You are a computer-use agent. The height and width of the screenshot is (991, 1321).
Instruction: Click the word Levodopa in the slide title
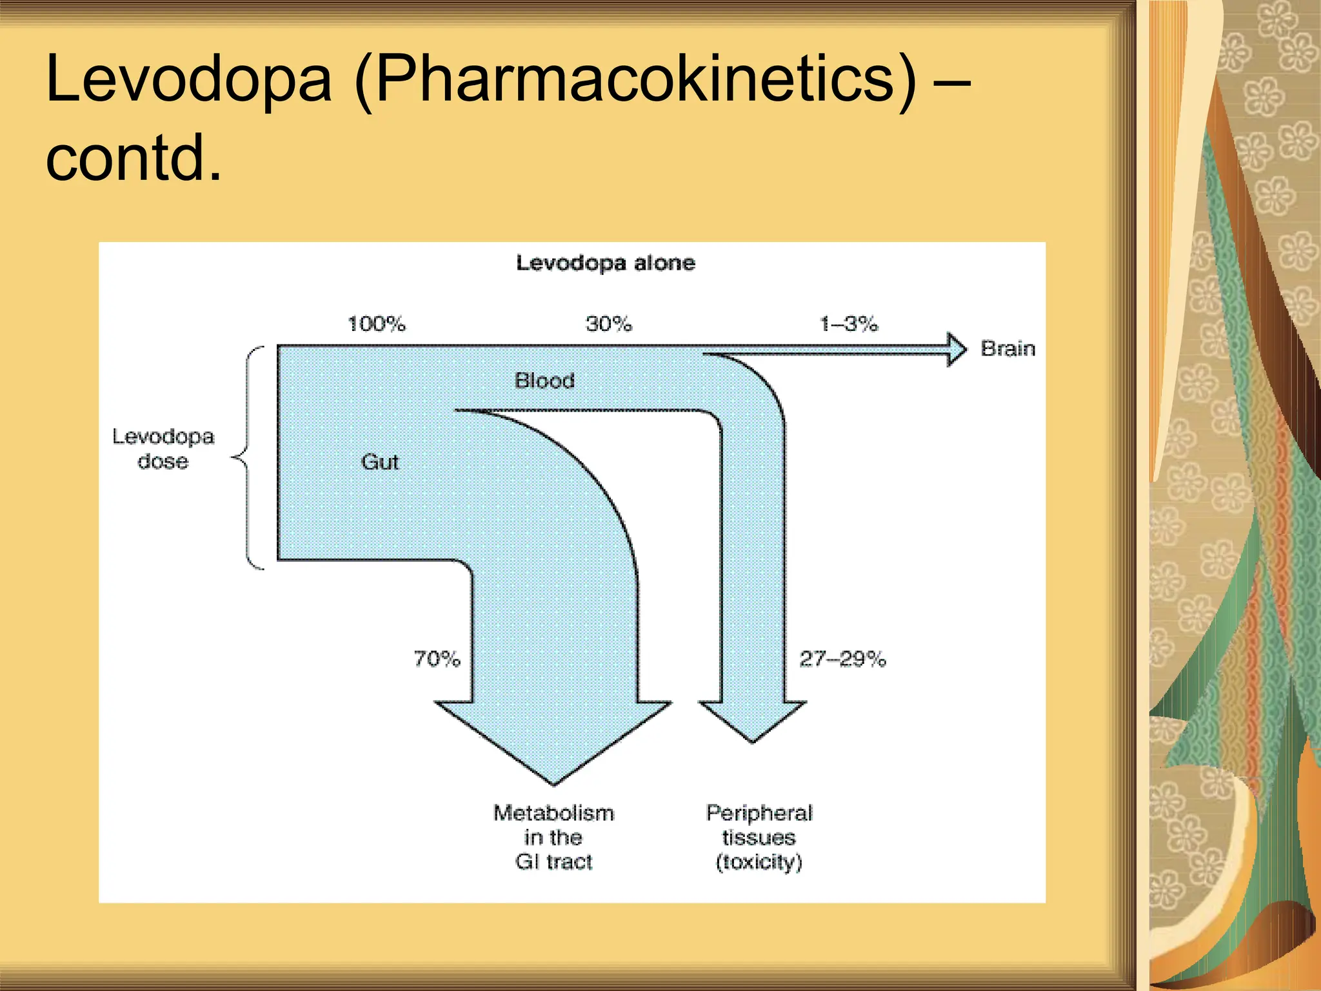click(188, 79)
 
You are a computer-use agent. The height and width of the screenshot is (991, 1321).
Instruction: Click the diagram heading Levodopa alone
click(606, 263)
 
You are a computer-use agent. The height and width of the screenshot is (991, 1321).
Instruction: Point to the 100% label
click(377, 324)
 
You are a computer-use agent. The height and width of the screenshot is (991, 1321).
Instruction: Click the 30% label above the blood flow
click(609, 324)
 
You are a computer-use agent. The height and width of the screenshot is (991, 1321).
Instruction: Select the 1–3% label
click(848, 324)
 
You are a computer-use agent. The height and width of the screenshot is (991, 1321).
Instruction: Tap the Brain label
click(1008, 349)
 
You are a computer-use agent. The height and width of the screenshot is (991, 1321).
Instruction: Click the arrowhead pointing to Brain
click(956, 350)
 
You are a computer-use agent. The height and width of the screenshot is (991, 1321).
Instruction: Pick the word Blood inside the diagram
click(544, 381)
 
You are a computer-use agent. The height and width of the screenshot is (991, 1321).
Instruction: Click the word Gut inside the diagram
click(380, 462)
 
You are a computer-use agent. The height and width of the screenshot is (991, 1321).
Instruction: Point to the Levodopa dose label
click(163, 449)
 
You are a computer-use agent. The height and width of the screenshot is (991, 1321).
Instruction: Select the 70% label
click(437, 659)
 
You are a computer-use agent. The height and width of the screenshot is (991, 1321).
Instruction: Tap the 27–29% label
click(842, 659)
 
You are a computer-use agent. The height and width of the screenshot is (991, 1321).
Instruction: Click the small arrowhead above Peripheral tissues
click(752, 719)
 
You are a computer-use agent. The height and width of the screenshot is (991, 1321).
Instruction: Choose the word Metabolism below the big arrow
click(554, 813)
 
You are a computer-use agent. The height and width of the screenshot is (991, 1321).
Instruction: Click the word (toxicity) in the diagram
click(759, 862)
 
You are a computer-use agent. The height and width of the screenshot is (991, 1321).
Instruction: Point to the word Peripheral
click(759, 813)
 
